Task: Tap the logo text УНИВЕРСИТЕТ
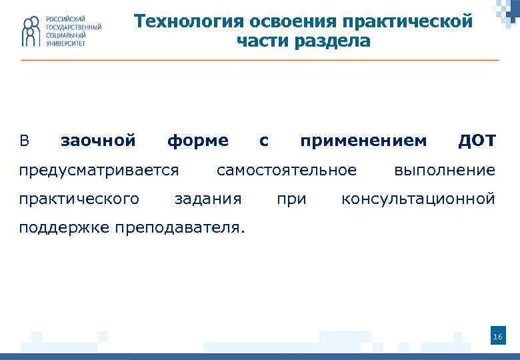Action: (66, 43)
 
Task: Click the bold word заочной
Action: (98, 141)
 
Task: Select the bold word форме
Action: (197, 141)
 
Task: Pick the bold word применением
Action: (363, 141)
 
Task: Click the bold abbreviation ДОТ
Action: (477, 141)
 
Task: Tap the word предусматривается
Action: (99, 170)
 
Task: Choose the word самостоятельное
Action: (287, 170)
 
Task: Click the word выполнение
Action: (445, 170)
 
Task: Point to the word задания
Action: (207, 199)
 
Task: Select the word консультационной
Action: (418, 199)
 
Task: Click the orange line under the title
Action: (260, 61)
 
